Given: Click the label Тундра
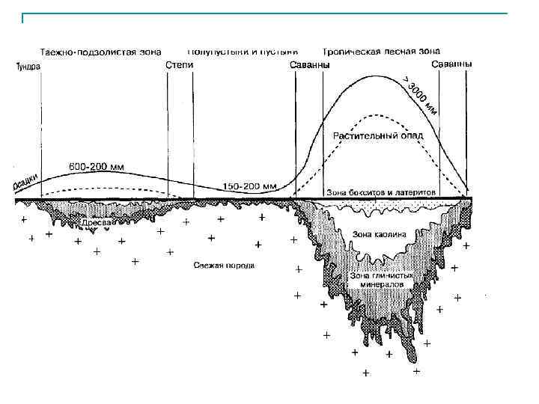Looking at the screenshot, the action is click(28, 67).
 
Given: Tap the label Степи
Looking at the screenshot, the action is click(179, 66).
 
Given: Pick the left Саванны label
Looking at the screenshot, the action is click(308, 66).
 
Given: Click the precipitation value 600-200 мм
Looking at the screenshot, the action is click(97, 166).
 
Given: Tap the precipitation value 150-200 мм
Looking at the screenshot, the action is click(249, 185).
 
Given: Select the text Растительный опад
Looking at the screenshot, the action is click(378, 136).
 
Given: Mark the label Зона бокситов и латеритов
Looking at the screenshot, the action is click(381, 192).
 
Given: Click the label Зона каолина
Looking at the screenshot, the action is click(380, 234).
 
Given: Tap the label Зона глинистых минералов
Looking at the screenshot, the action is click(381, 279).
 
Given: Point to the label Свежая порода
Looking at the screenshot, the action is click(224, 265).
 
